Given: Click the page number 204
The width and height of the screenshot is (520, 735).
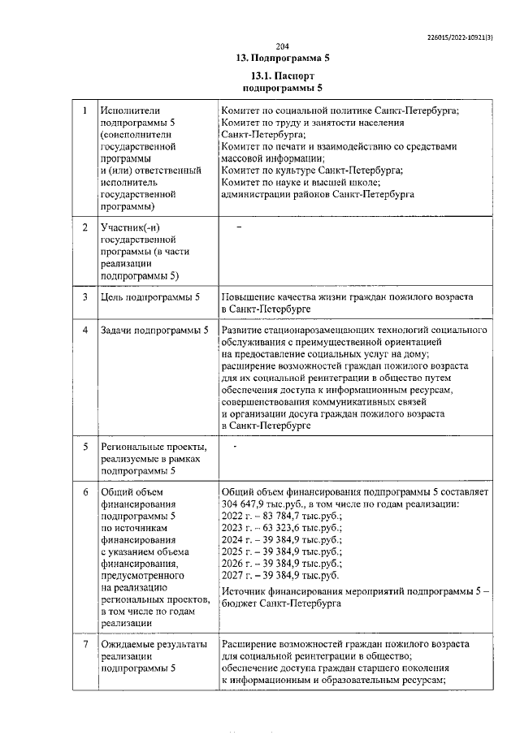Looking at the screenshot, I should click(x=282, y=45).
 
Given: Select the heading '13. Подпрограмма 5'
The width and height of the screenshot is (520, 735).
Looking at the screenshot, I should click(x=282, y=58).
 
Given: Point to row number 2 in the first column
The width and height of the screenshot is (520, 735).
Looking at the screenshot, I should click(x=84, y=227).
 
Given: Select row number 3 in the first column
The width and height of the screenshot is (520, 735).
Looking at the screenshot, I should click(x=84, y=298).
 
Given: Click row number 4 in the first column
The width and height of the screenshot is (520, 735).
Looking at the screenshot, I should click(x=84, y=331).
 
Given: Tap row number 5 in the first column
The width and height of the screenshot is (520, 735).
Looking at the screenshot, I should click(x=84, y=447).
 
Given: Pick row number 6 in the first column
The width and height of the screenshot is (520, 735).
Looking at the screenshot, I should click(x=84, y=492).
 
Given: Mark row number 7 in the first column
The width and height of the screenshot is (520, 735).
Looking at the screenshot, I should click(x=84, y=644).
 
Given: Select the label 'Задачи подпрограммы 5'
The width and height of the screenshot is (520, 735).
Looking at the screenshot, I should click(x=154, y=331).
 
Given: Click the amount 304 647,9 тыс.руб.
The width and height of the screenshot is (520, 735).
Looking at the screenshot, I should click(x=256, y=504).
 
